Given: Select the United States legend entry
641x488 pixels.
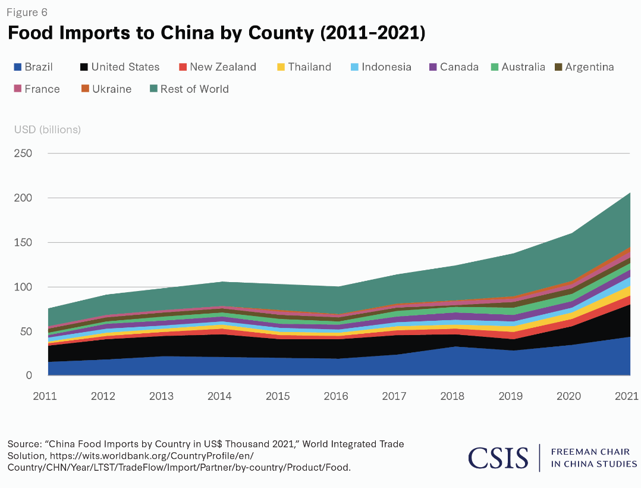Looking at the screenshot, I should click(x=119, y=67).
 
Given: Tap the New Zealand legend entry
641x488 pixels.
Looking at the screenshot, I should click(x=218, y=67).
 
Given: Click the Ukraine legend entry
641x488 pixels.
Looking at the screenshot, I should click(x=106, y=89).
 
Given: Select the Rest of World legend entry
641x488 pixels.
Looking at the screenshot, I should click(x=188, y=89).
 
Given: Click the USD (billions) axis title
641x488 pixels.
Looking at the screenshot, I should click(x=48, y=129).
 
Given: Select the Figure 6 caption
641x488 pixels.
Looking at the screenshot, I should click(x=27, y=12).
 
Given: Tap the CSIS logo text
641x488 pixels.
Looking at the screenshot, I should click(x=498, y=458).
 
